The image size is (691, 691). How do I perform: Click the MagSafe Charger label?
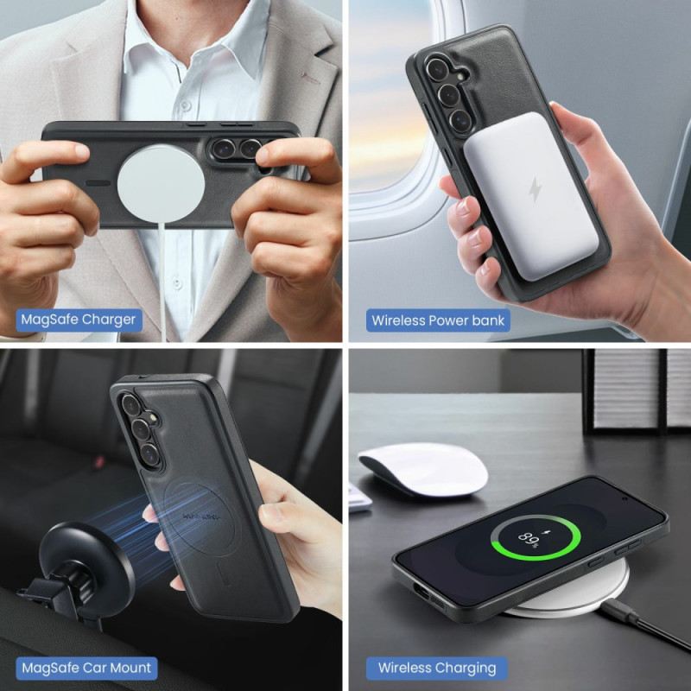[x=78, y=320]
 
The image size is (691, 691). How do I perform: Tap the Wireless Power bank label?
[x=438, y=320]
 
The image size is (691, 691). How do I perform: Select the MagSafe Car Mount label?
[x=86, y=667]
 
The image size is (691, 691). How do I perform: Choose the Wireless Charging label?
[x=437, y=668]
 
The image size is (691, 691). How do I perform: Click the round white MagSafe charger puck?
[x=161, y=183]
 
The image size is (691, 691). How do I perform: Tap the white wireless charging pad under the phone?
[x=587, y=596]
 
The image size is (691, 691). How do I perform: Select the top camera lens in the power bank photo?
[x=439, y=68]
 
